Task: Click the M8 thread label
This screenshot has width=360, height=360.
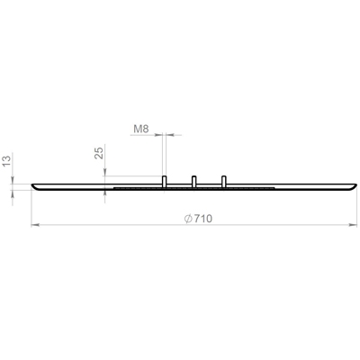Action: pyautogui.click(x=141, y=129)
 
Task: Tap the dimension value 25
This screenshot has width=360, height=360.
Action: pyautogui.click(x=99, y=152)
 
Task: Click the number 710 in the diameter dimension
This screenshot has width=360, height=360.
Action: pyautogui.click(x=202, y=219)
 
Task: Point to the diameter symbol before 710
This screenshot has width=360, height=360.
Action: pyautogui.click(x=188, y=219)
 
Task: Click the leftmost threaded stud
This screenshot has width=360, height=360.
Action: pyautogui.click(x=165, y=182)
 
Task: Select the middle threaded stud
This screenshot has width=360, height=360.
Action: pyautogui.click(x=193, y=182)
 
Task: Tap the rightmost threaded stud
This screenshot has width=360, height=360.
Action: pyautogui.click(x=223, y=182)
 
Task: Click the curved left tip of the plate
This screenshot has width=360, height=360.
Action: pyautogui.click(x=33, y=186)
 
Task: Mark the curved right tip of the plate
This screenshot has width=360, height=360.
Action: pyautogui.click(x=355, y=186)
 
